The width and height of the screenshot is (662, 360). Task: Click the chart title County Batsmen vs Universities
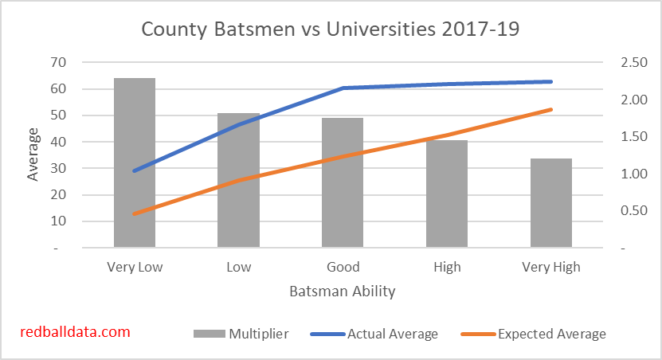[x=331, y=29]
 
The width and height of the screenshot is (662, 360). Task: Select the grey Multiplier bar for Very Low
[x=135, y=162]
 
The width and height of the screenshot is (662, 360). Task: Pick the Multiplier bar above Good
[x=343, y=182]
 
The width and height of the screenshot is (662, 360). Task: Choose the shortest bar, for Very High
[x=551, y=203]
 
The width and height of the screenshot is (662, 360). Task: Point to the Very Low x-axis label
[x=135, y=267]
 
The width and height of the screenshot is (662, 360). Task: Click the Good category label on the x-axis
[x=343, y=267]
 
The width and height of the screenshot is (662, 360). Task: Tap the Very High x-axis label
[x=551, y=267]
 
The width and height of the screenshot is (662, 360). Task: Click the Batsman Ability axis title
[x=343, y=291]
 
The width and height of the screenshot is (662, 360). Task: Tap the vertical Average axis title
[x=33, y=155]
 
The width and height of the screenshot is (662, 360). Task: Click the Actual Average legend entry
[x=378, y=334]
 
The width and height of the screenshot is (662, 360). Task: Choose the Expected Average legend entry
[x=538, y=334]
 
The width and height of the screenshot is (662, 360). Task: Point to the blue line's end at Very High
[x=550, y=81]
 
